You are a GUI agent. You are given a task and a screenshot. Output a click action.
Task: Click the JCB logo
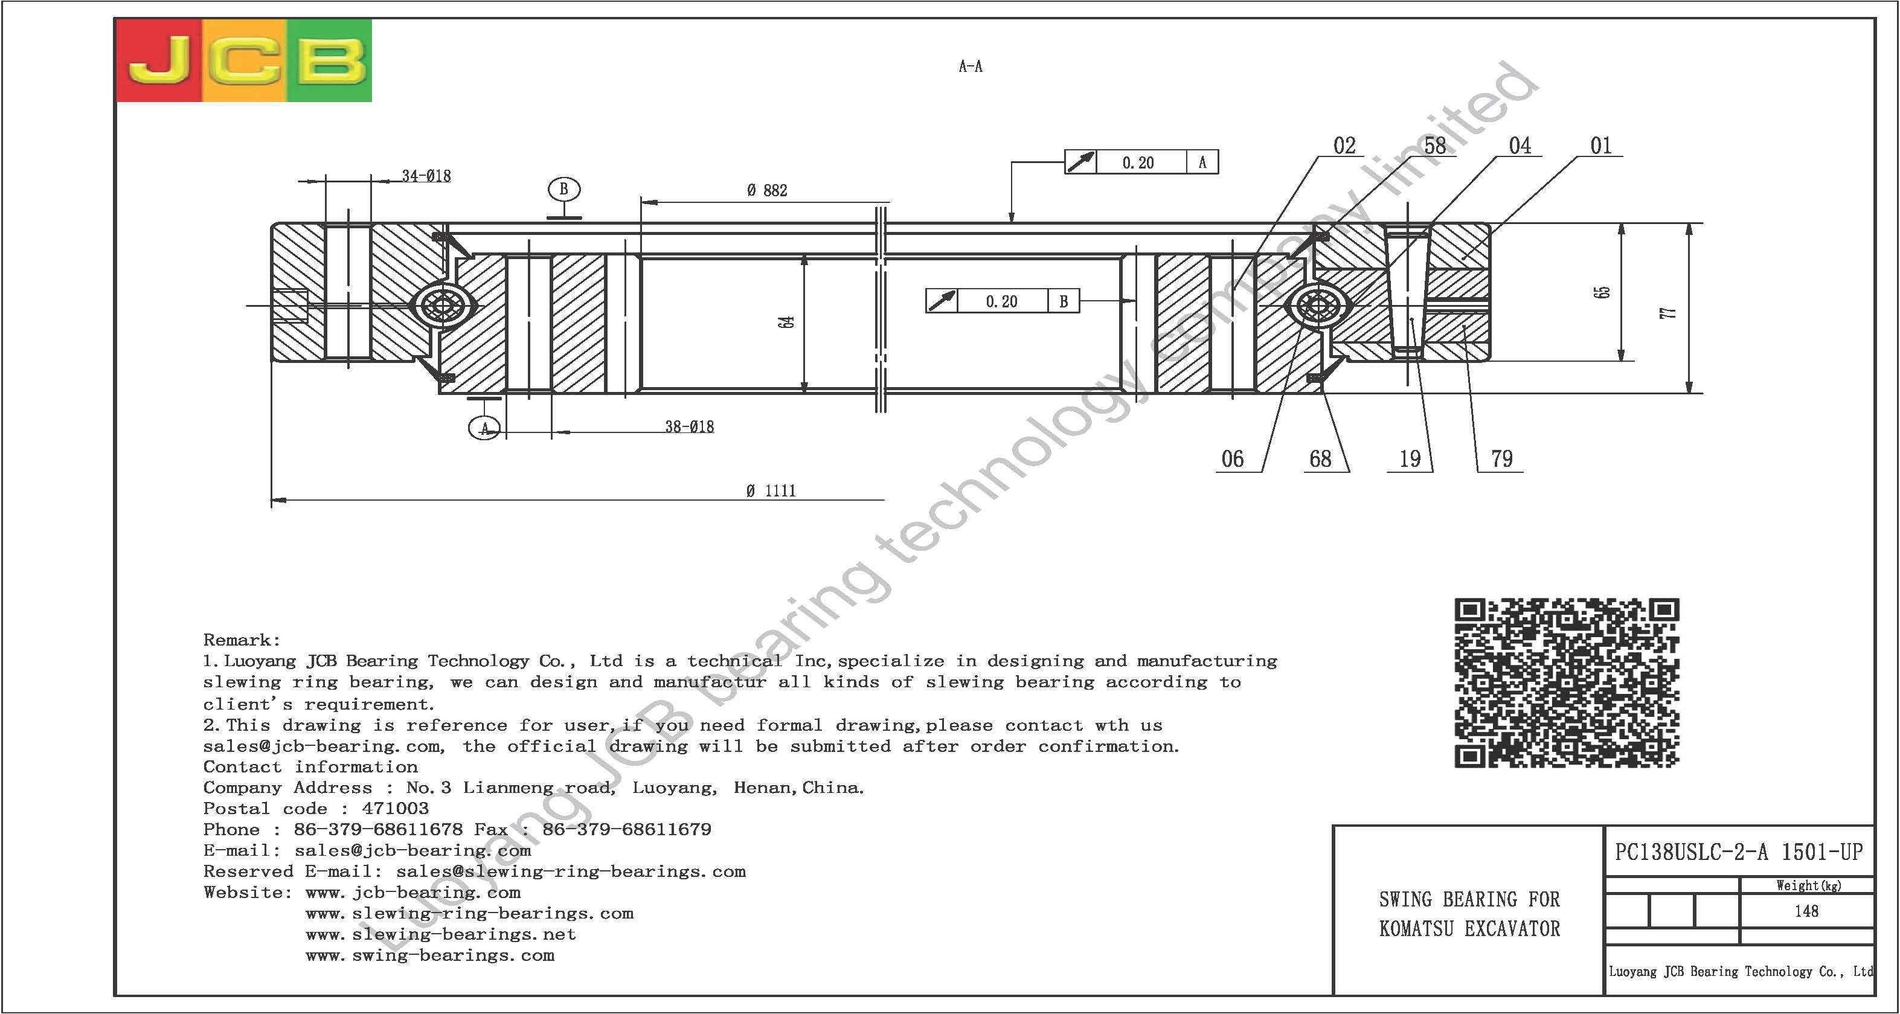[244, 60]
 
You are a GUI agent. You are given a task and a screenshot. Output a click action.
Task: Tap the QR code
[1567, 683]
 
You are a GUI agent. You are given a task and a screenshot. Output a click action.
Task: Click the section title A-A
[971, 66]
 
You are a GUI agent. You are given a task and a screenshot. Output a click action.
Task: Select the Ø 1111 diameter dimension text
[771, 491]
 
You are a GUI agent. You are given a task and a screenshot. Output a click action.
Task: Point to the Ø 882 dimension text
[767, 191]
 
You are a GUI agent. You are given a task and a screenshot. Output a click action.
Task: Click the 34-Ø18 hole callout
[426, 176]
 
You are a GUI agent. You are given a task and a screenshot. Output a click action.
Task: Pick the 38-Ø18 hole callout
[690, 427]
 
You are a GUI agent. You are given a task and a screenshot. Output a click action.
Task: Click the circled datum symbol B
[564, 190]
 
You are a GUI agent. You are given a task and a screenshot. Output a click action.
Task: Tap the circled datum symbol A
[484, 428]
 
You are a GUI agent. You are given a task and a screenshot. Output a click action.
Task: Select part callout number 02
[1344, 146]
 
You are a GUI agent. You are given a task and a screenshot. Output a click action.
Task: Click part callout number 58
[1434, 146]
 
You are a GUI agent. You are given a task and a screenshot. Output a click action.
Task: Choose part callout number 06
[1233, 460]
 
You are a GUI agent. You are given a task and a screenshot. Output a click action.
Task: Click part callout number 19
[1410, 460]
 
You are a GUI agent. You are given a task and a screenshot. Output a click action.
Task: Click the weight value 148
[1806, 911]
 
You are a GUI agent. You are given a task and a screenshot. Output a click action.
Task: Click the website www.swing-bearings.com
[430, 956]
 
